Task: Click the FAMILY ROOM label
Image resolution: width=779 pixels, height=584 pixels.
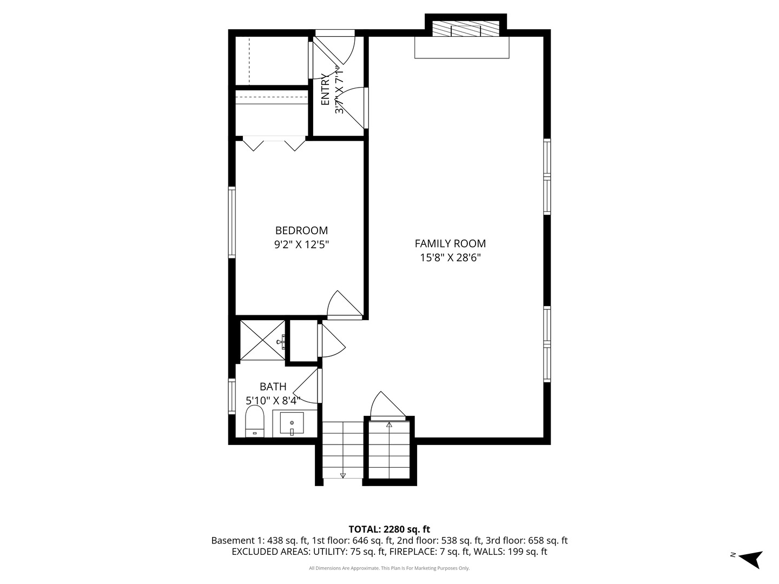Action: [x=450, y=243]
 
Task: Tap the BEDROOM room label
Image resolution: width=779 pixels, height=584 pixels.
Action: [x=301, y=230]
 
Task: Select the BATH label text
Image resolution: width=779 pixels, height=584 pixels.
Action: [x=273, y=387]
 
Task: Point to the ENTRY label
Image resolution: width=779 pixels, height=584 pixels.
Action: [x=325, y=89]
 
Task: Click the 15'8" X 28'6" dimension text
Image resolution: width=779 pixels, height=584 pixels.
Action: [x=450, y=257]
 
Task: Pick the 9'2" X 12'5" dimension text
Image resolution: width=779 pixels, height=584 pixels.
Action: [x=301, y=244]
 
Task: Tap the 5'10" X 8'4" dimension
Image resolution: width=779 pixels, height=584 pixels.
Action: [x=273, y=401]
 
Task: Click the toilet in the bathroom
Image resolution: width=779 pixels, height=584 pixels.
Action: [x=255, y=421]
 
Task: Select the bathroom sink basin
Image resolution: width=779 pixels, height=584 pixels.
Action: [x=292, y=423]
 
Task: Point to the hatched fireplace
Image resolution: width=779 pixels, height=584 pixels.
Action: [x=466, y=28]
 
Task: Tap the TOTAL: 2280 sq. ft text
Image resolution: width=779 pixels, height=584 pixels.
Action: [x=389, y=529]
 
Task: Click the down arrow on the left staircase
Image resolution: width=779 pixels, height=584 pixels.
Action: [x=343, y=475]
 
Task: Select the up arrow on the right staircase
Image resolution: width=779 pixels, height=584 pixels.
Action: [x=389, y=426]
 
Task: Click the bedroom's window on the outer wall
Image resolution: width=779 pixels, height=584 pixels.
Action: [x=232, y=222]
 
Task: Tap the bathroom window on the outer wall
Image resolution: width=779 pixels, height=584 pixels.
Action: [x=232, y=396]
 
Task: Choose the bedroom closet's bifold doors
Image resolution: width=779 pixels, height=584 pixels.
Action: [x=274, y=144]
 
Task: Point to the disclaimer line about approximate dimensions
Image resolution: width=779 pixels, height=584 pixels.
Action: [x=389, y=568]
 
